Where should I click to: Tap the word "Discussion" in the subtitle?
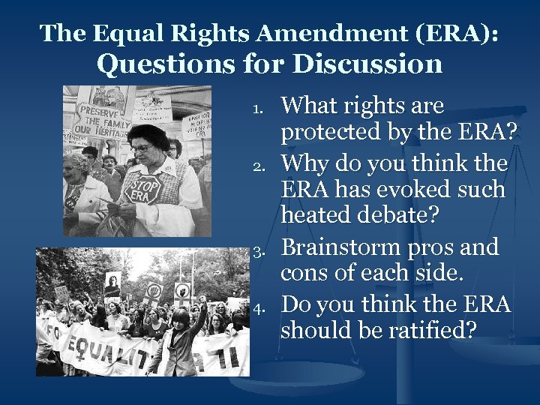coord(367,64)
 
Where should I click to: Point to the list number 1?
coord(256,109)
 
